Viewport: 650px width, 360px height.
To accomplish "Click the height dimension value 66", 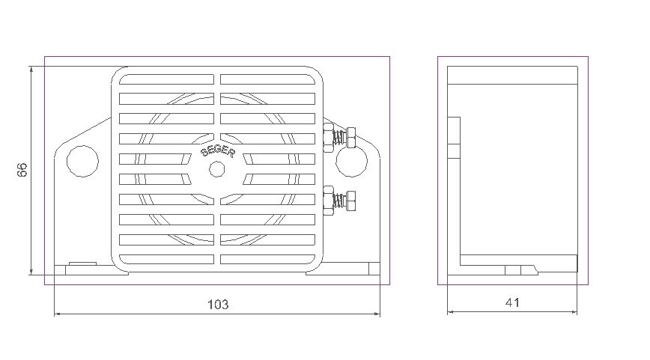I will pos(22,170).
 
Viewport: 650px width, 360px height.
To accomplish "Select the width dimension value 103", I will pos(217,305).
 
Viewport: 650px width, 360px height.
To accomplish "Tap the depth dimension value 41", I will pos(512,302).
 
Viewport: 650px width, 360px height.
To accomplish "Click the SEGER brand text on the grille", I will pos(218,152).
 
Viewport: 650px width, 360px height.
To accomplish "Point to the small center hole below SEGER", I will pos(216,170).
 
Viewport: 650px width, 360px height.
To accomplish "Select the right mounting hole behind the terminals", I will pos(350,160).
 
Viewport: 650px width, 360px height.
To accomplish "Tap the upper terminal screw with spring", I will pos(338,137).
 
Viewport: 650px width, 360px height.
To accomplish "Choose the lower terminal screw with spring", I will pos(338,200).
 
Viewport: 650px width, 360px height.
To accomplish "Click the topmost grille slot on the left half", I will pos(167,79).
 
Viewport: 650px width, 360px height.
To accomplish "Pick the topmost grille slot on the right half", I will pos(267,79).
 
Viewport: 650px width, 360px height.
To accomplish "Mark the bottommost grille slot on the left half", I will pos(167,259).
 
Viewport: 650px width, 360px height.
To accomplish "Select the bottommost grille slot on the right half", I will pos(267,259).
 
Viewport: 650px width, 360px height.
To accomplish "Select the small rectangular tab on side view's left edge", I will pos(454,138).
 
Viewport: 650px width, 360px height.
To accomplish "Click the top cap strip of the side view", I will pos(512,75).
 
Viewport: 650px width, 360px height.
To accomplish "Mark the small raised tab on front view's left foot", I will pos(82,263).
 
